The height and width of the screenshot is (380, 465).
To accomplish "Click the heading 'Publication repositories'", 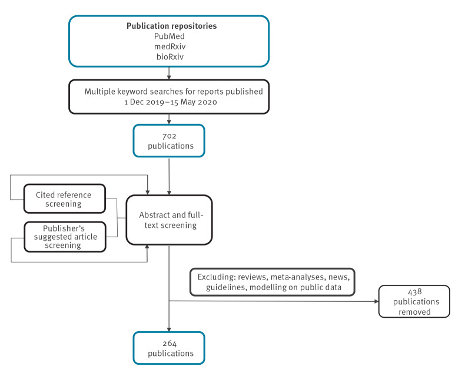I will point(170,26).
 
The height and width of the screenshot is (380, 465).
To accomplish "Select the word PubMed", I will point(170,36).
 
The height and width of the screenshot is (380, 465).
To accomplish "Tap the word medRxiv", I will point(170,46).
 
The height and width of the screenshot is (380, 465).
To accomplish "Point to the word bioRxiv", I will point(170,56).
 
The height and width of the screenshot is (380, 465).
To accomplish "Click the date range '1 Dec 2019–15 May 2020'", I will point(170,102).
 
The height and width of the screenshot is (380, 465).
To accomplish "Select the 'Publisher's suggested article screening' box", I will point(65,236).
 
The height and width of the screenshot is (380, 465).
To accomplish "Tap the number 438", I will point(414,292).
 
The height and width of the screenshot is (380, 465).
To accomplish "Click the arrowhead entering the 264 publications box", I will point(170,329).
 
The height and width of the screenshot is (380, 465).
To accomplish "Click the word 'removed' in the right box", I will point(414,312).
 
